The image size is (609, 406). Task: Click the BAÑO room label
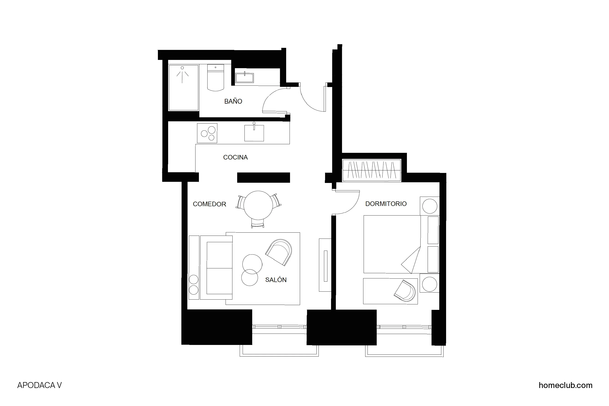[233, 101]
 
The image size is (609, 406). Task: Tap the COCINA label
[235, 157]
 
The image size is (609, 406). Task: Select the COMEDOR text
[209, 204]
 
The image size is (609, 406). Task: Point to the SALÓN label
[276, 280]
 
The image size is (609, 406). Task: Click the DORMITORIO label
[386, 204]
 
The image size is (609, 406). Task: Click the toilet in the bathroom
[216, 78]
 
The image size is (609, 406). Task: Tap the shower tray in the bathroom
[183, 88]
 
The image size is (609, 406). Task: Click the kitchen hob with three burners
[207, 133]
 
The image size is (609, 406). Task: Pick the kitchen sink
[254, 133]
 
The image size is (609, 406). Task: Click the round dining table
[258, 205]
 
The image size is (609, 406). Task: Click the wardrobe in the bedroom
[372, 170]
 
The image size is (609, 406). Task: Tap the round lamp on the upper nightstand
[429, 206]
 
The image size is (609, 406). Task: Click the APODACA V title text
[39, 385]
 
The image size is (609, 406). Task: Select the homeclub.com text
[565, 385]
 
